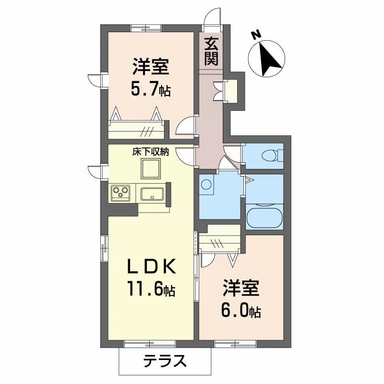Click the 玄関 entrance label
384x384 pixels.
click(x=211, y=52)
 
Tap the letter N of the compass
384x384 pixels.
click(x=256, y=35)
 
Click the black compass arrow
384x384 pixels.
click(x=268, y=59)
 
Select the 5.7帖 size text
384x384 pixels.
click(x=150, y=90)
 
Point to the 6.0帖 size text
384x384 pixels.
click(x=241, y=311)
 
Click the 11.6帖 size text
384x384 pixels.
click(x=151, y=289)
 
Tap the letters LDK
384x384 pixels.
click(x=151, y=266)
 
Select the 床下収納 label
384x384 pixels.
click(x=151, y=152)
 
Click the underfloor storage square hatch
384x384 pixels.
click(x=151, y=168)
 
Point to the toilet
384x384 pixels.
click(x=272, y=156)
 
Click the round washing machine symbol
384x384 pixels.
click(x=205, y=184)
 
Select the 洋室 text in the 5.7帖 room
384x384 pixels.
click(x=151, y=66)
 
